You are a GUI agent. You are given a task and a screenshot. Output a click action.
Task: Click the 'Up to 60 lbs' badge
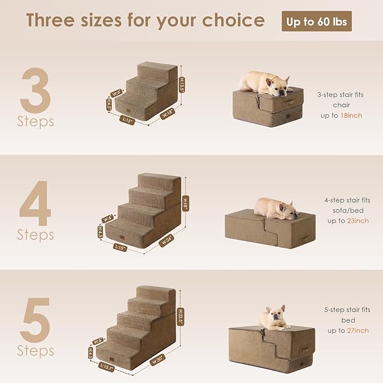click(316, 21)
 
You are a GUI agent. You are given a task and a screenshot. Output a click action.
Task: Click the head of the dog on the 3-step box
click(278, 85)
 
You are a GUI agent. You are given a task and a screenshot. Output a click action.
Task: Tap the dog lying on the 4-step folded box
click(275, 209)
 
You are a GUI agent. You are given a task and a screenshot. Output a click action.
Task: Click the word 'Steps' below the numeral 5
click(36, 351)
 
